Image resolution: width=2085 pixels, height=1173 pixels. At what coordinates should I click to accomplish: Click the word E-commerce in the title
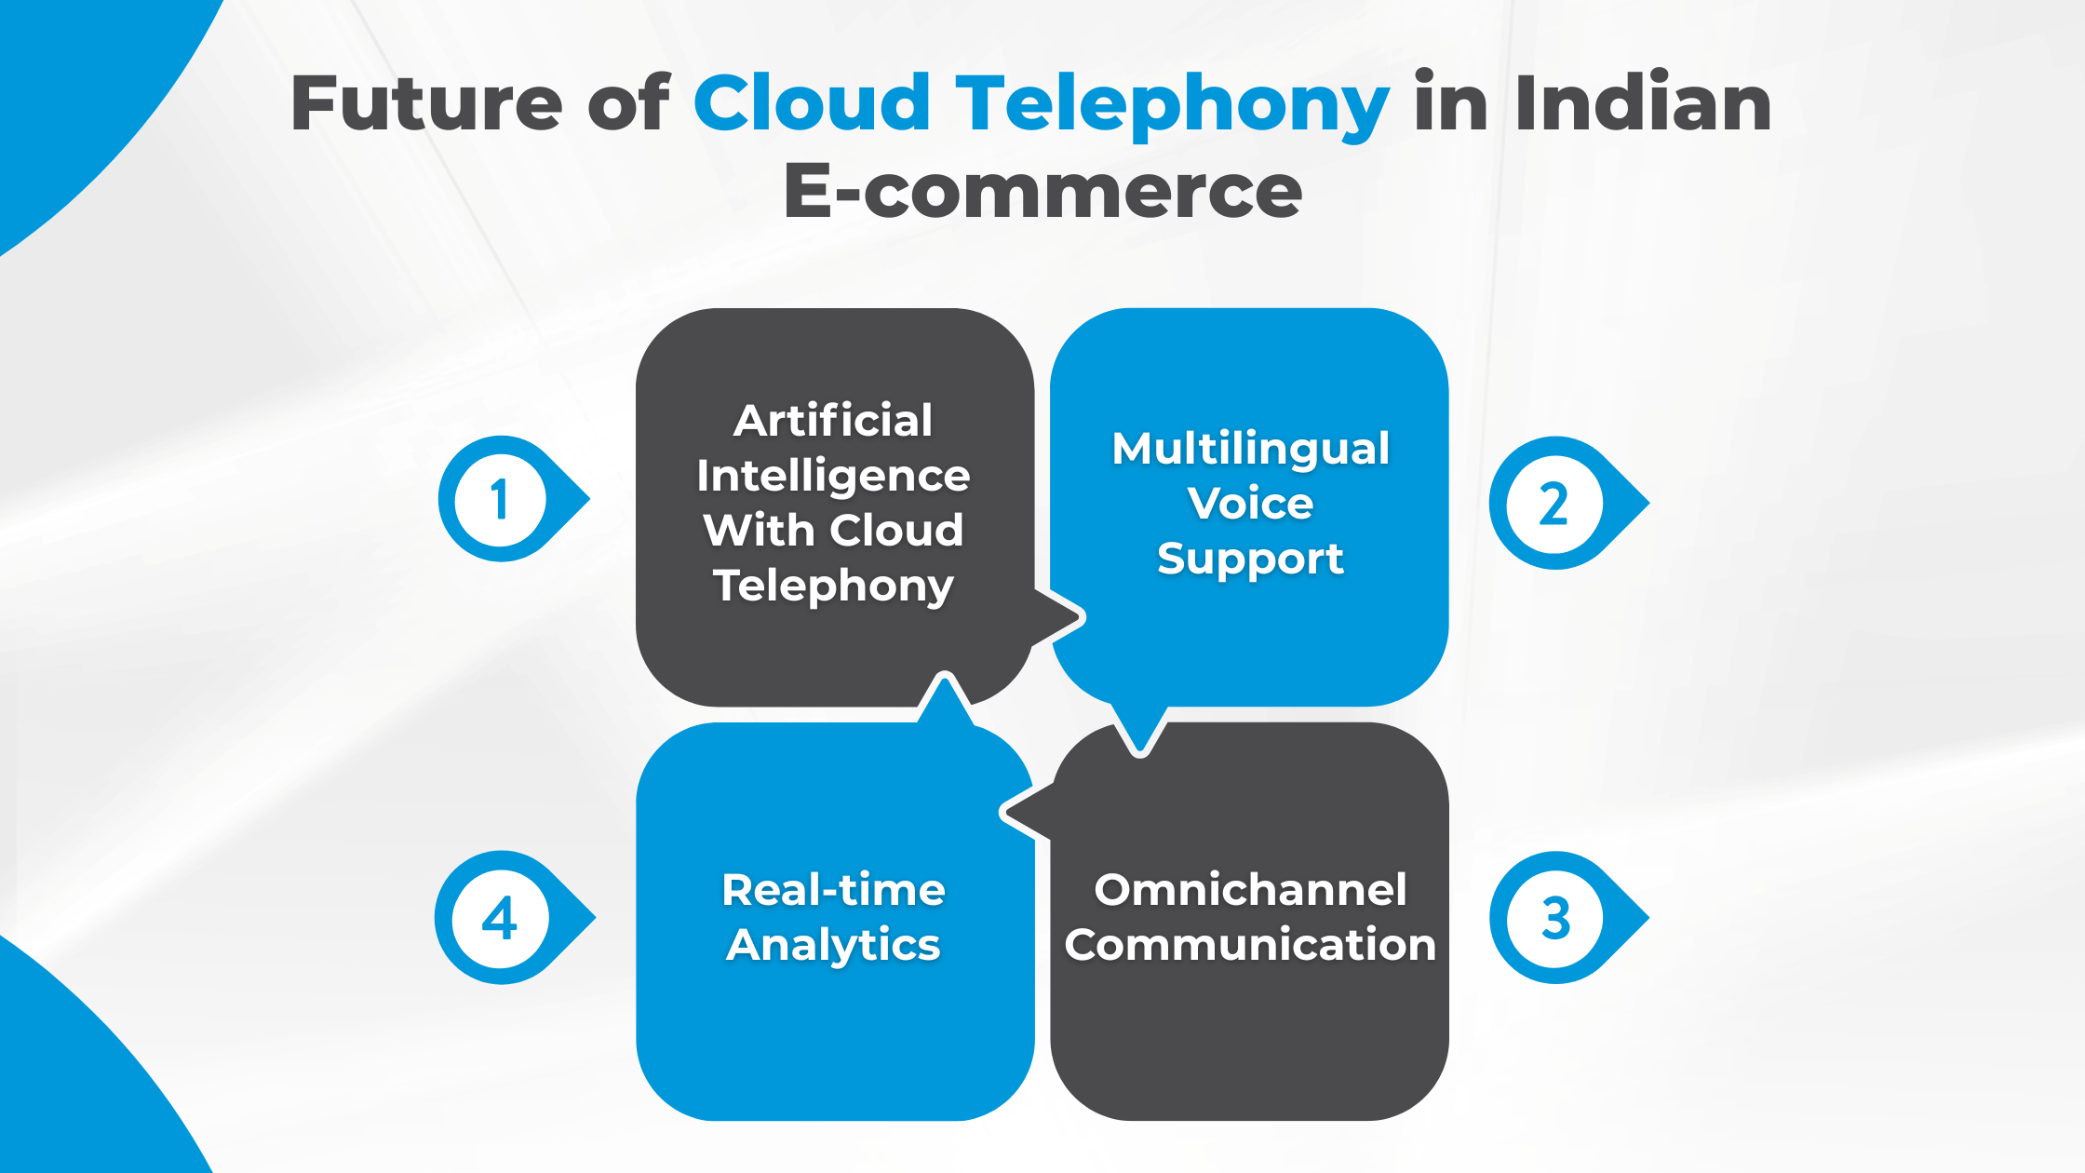coord(1042,191)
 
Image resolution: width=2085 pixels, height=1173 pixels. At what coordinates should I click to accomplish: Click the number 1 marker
coord(501,500)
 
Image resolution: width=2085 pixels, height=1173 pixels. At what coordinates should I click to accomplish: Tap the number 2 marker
coord(1553,504)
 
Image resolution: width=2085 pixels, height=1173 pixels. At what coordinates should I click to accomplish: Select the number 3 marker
coord(1554,918)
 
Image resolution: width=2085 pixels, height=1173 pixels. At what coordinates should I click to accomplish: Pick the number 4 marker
coord(500,918)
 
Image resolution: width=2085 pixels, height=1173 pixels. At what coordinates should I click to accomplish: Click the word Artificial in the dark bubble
coord(833,420)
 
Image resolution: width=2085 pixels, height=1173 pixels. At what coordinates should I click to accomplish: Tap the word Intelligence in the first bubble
coord(833,476)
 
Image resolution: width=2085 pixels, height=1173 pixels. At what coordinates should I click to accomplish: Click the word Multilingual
coord(1250,448)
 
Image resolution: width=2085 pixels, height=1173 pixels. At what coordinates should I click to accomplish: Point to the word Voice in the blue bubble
coord(1250,503)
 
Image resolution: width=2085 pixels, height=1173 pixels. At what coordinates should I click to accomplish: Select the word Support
coord(1250,559)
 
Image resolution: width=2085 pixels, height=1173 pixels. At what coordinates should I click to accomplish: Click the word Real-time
coord(833,889)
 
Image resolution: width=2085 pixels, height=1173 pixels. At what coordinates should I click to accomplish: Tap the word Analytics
coord(833,945)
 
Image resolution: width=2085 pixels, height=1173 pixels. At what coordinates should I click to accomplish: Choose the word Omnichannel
coord(1250,889)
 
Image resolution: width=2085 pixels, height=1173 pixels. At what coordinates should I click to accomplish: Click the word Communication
coord(1250,944)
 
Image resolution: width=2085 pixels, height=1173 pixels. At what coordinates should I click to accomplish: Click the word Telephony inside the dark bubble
coord(833,586)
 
